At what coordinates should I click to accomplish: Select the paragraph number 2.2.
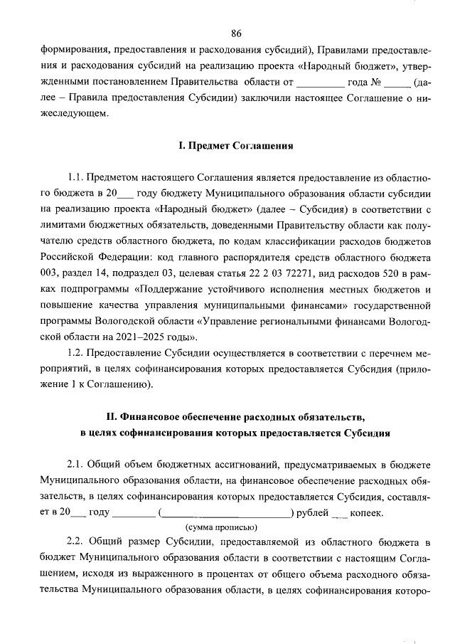[77, 542]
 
